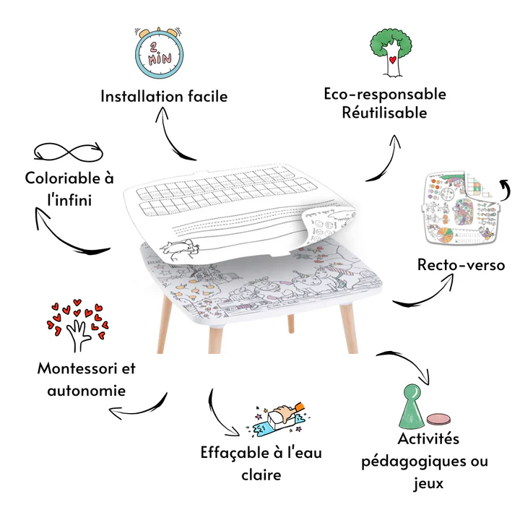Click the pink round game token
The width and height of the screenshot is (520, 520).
438,419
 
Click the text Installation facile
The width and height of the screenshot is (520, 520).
164,96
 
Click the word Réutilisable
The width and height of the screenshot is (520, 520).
385,113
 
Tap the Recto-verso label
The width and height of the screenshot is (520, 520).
461,265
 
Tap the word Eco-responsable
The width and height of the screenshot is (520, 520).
385,95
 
